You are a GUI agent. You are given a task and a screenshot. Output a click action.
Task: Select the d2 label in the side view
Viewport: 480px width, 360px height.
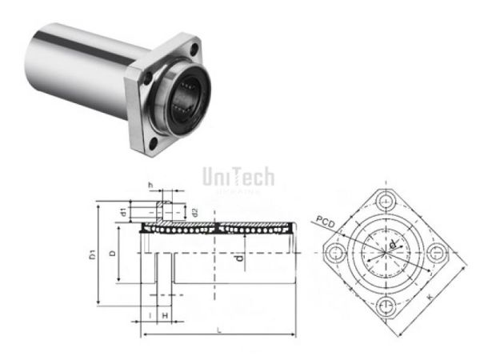pyautogui.click(x=194, y=212)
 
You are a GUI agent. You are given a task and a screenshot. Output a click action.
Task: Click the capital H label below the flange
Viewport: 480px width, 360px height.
pyautogui.click(x=164, y=316)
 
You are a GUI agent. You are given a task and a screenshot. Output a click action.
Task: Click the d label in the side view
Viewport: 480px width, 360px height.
pyautogui.click(x=238, y=258)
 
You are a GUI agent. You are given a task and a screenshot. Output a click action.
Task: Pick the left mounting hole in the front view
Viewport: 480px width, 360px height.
pyautogui.click(x=333, y=253)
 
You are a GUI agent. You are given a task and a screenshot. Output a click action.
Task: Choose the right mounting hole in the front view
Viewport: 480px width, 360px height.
pyautogui.click(x=438, y=253)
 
